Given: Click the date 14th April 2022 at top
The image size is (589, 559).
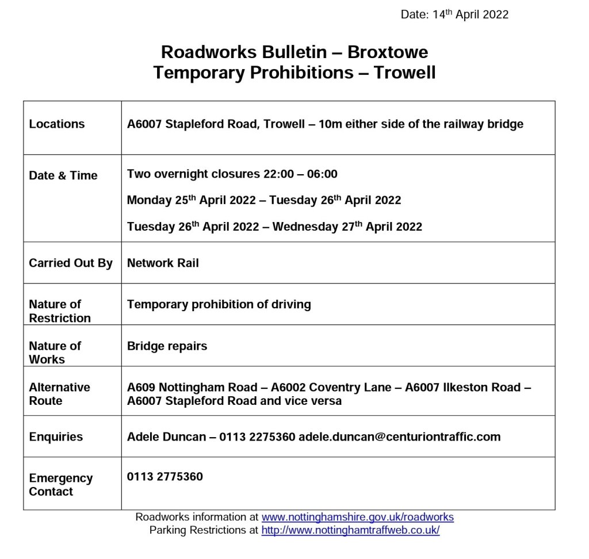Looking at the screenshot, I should [470, 15].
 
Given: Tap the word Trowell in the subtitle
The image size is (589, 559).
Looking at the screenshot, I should [404, 73].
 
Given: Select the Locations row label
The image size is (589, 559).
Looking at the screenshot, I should [57, 124].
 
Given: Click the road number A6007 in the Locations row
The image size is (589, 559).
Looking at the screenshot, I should [144, 124].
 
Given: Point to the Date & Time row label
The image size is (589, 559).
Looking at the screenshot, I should [63, 176].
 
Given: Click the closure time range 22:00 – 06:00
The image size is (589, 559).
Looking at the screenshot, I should [300, 174].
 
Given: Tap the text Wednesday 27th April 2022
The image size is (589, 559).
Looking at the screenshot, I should [347, 227].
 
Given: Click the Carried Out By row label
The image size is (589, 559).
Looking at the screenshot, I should [71, 263].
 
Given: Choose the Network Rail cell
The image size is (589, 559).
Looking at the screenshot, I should [163, 263].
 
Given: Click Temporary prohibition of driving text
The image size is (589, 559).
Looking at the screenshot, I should [219, 304].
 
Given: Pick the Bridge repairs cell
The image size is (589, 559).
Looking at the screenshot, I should [167, 346].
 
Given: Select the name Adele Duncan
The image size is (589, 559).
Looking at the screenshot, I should [166, 437].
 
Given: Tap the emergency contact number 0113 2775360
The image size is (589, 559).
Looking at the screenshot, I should [165, 477].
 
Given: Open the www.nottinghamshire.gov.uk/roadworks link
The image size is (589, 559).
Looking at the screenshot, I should [357, 517].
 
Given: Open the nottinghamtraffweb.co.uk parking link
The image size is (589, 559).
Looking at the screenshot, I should [350, 530].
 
